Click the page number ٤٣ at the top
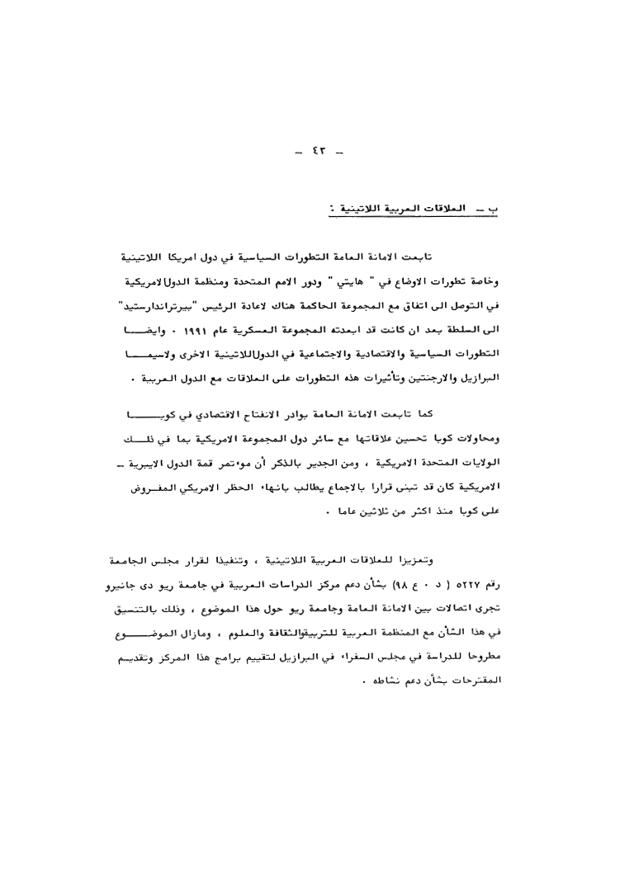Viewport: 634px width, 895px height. pos(317,152)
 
